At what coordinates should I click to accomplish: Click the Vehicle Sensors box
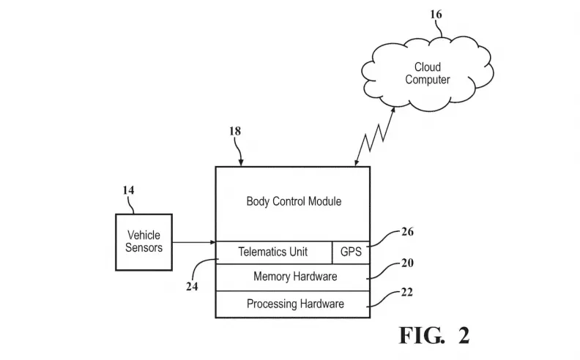click(x=144, y=241)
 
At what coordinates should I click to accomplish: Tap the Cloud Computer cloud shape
click(x=427, y=73)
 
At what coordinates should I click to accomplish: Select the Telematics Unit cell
click(x=273, y=252)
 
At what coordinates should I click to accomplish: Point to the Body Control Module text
click(x=293, y=200)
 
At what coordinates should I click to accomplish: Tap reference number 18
click(x=234, y=132)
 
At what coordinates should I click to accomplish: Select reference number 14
click(x=128, y=190)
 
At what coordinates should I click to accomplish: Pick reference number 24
click(x=193, y=287)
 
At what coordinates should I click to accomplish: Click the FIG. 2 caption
click(x=434, y=335)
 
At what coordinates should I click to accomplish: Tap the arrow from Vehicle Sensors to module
click(x=193, y=242)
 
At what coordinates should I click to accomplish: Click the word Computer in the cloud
click(x=428, y=80)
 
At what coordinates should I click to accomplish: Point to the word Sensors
click(x=144, y=247)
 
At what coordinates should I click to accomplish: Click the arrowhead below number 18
click(x=242, y=162)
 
